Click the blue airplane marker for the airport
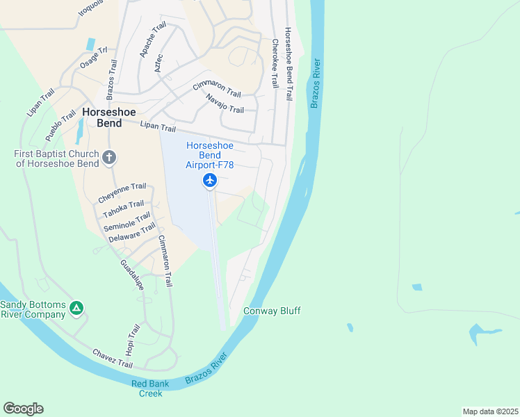point(210,181)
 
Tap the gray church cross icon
point(108,158)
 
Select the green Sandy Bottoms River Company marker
point(76,308)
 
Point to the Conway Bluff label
point(272,311)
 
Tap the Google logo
point(23,409)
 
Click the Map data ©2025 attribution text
point(489,411)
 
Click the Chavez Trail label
point(112,359)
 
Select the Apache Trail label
point(153,39)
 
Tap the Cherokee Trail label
point(275,63)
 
